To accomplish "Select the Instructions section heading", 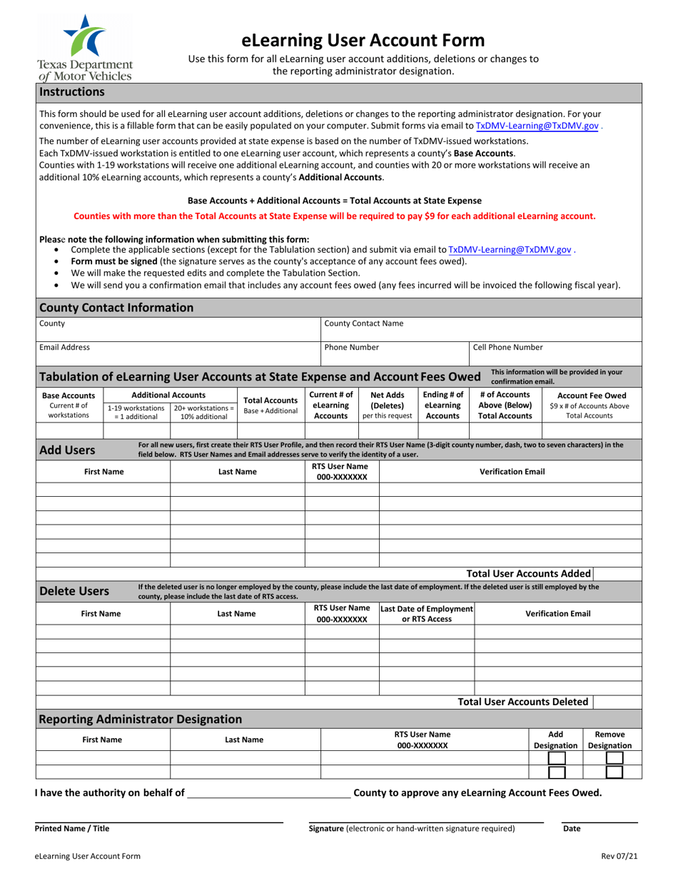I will pos(72,92).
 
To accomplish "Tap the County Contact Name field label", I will pos(363,323).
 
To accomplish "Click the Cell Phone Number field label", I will pos(507,348).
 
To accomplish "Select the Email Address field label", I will pos(64,348).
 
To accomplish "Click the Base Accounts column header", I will pos(69,395).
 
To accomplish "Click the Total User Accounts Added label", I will pos(528,573).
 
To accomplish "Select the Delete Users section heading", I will pos(74,591).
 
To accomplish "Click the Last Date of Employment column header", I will pos(427,613).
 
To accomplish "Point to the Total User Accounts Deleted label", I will pos(522,702).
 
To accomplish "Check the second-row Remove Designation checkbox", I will pos(614,772).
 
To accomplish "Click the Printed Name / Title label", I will pos(72,829).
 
